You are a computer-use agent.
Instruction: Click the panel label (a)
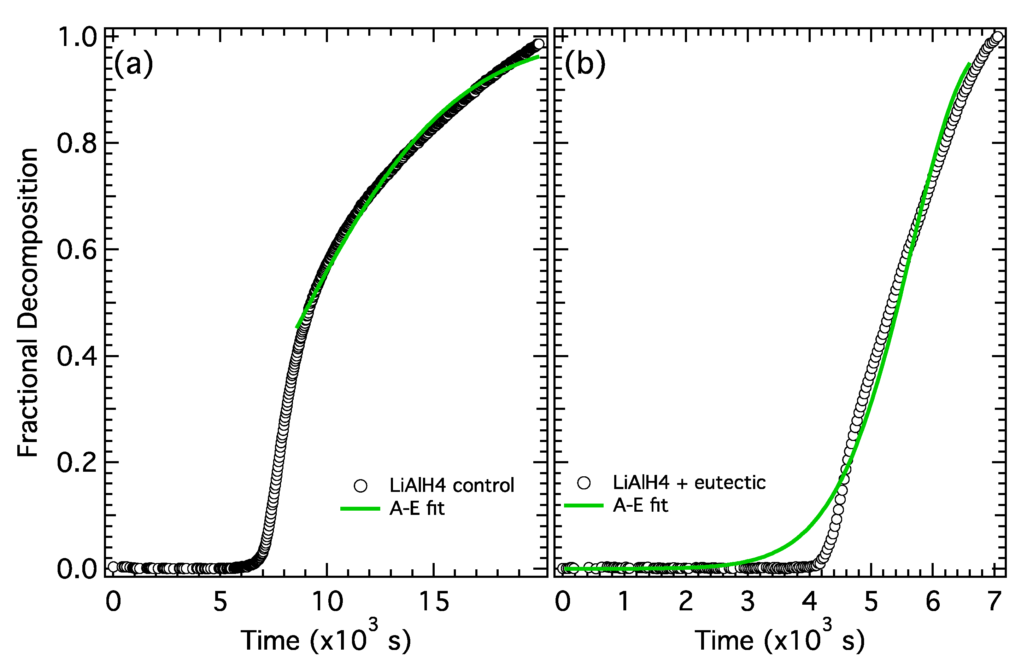click(134, 64)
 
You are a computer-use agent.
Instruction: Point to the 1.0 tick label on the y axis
click(77, 37)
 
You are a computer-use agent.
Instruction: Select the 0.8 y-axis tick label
click(77, 143)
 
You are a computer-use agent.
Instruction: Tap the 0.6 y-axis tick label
click(77, 250)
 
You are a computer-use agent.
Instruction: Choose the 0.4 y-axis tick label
click(77, 356)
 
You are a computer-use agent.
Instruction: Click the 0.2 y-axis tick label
click(77, 463)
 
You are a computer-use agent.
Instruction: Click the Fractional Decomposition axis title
click(28, 303)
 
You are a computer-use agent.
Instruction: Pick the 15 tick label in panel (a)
click(434, 602)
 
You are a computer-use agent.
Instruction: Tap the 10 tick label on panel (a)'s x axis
click(327, 602)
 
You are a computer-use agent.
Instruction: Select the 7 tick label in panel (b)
click(994, 602)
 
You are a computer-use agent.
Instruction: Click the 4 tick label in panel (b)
click(809, 602)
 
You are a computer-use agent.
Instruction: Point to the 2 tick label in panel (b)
click(686, 602)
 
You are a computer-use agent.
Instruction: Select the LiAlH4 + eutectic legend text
click(689, 483)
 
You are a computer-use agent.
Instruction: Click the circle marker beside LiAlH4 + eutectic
click(584, 483)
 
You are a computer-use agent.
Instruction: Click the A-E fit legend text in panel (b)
click(640, 505)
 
